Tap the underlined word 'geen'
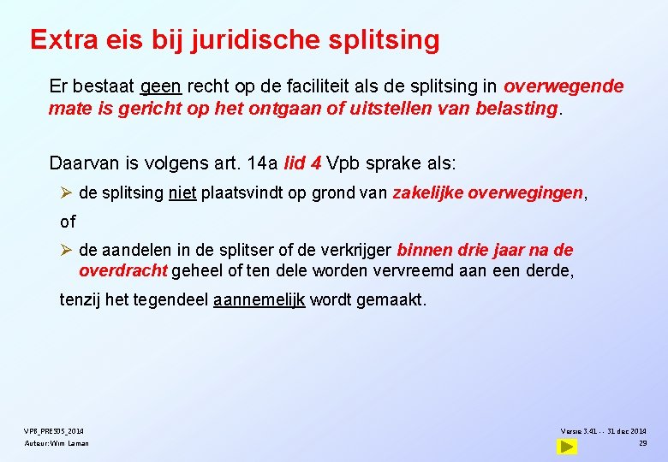pyautogui.click(x=160, y=86)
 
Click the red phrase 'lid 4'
pyautogui.click(x=302, y=163)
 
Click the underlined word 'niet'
pyautogui.click(x=182, y=193)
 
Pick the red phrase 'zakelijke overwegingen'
pyautogui.click(x=487, y=193)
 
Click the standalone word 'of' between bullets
pyautogui.click(x=68, y=222)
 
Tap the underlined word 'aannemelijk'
pyautogui.click(x=259, y=300)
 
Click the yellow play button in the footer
pyautogui.click(x=566, y=446)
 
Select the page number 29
pyautogui.click(x=642, y=442)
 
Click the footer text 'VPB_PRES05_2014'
pyautogui.click(x=54, y=430)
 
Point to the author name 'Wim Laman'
pyautogui.click(x=70, y=443)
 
